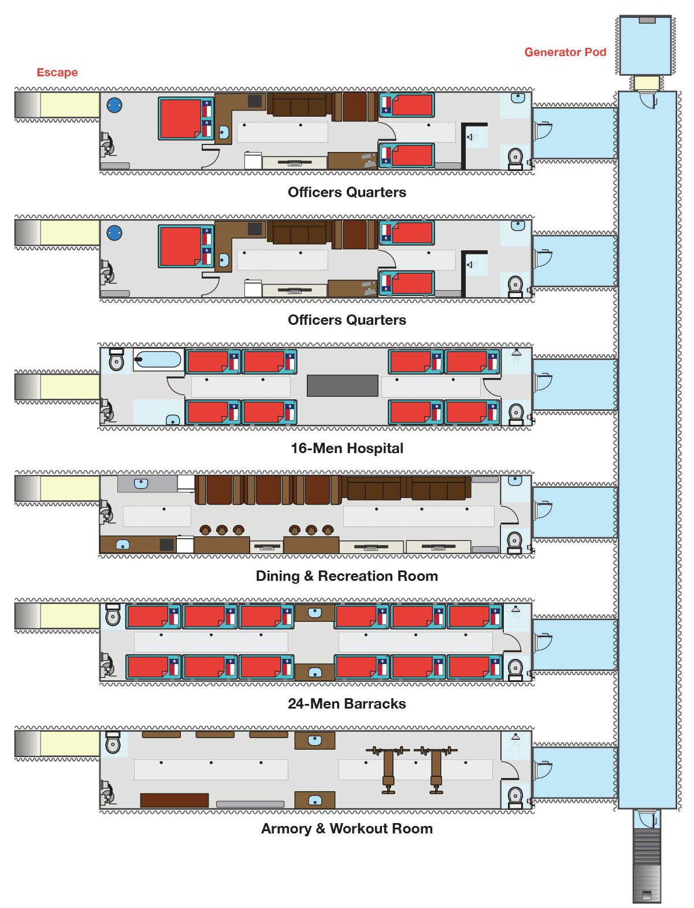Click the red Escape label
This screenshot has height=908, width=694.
point(57,73)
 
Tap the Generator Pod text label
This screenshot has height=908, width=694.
point(565,53)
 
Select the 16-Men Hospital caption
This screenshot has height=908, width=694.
point(347,449)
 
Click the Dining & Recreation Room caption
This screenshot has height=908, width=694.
point(347,576)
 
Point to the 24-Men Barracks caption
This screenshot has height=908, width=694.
point(347,704)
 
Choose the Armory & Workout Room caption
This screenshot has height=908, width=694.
point(347,829)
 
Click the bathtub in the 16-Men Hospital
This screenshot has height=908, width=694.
point(158,360)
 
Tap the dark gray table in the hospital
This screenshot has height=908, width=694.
point(342,386)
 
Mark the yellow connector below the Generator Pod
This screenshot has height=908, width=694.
point(647,83)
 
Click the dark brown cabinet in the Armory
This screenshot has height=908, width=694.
point(174,800)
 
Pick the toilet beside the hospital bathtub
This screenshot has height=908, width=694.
point(116,360)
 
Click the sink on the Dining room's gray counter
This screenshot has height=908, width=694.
point(141,483)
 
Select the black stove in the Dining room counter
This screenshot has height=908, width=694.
point(166,544)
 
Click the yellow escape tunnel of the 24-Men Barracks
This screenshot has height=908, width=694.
point(69,616)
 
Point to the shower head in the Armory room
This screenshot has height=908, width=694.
point(515,737)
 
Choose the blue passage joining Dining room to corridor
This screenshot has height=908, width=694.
point(574,512)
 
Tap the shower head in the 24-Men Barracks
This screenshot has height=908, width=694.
point(515,609)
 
